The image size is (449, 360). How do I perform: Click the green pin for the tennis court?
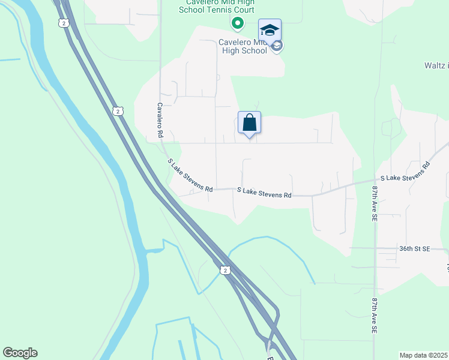[237, 24]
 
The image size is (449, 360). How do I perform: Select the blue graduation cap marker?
[270, 30]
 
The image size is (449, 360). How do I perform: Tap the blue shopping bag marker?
[250, 123]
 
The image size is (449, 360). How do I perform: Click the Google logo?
[20, 353]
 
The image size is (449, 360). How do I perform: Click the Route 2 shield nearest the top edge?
[63, 23]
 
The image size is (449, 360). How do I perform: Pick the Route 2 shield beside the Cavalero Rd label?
[118, 111]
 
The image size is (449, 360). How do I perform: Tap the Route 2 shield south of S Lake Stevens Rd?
[224, 271]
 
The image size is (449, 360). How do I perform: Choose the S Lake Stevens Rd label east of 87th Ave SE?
[406, 173]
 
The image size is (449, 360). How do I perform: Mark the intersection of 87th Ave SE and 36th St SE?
[375, 248]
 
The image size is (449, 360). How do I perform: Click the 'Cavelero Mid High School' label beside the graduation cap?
[234, 46]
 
